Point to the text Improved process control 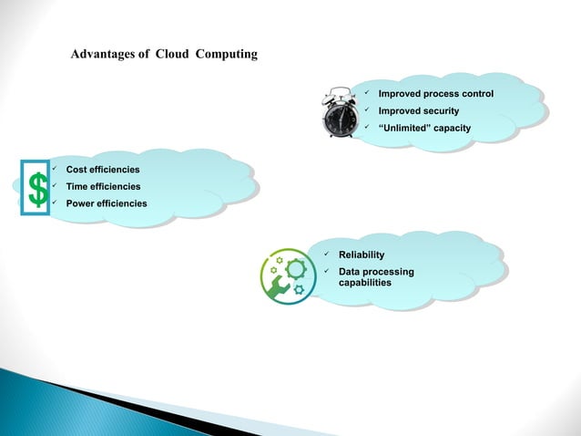(435, 94)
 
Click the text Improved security (418, 111)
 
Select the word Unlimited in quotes (404, 128)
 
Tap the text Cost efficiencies (103, 170)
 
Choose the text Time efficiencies (103, 186)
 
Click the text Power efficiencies (107, 202)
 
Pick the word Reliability (362, 254)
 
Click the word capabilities (365, 283)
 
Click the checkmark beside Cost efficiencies (55, 170)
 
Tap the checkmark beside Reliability (325, 254)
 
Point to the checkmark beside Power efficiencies (55, 202)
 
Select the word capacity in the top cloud (453, 128)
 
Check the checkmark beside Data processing (325, 272)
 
